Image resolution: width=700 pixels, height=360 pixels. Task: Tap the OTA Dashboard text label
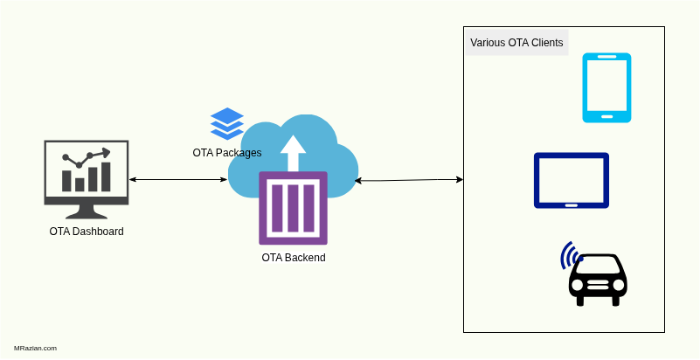[87, 232]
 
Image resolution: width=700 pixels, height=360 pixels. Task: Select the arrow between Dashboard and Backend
[178, 180]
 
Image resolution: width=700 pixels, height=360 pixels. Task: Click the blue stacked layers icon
[227, 123]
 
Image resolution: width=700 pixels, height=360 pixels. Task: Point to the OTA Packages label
[227, 153]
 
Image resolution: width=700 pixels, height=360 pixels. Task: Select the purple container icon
[293, 208]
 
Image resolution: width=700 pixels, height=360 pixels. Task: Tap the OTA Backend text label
[294, 258]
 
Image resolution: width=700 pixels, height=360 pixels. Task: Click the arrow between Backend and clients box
[408, 180]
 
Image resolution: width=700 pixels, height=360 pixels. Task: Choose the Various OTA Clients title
[516, 43]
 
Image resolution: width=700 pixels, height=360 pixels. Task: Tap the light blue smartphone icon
[606, 87]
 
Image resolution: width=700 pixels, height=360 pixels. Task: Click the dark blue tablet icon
[572, 181]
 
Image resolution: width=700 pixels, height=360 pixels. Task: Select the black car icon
[598, 280]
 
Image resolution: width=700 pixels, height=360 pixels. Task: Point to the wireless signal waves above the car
[570, 254]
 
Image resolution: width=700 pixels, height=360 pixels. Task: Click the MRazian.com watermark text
[36, 348]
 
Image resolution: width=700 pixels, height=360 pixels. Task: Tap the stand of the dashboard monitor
[87, 212]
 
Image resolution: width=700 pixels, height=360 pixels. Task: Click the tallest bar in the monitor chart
[107, 176]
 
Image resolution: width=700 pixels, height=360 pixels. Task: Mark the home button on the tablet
[572, 204]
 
